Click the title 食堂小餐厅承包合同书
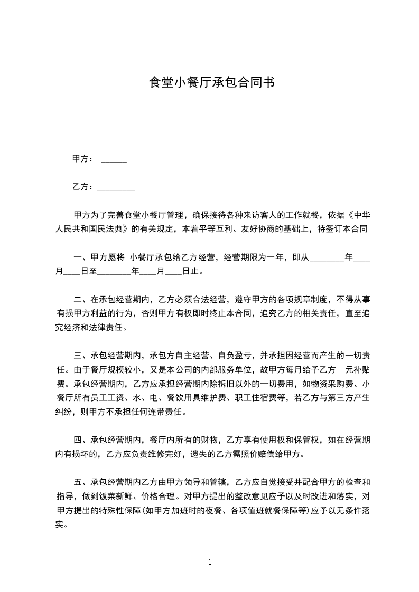[x=211, y=83]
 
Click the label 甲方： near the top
[x=83, y=158]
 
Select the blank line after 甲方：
[x=114, y=160]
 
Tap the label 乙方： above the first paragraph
[x=83, y=187]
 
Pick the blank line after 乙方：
[x=117, y=189]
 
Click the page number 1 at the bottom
[x=210, y=562]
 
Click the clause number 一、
[x=81, y=258]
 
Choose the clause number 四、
[x=81, y=440]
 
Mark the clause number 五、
[x=81, y=482]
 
